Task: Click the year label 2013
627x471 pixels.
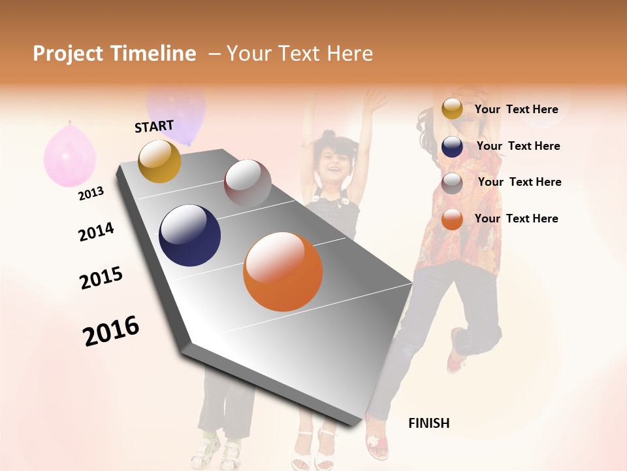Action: tap(91, 194)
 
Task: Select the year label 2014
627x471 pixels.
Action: tap(96, 232)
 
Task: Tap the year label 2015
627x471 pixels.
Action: tap(101, 277)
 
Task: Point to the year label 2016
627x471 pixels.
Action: tap(111, 330)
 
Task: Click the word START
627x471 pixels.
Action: tap(154, 126)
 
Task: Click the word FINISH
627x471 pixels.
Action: tap(429, 423)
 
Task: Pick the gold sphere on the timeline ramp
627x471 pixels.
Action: tap(159, 161)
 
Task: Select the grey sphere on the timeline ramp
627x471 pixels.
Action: tap(248, 183)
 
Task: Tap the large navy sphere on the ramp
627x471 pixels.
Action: tap(189, 235)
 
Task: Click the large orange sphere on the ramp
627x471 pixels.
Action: tap(283, 271)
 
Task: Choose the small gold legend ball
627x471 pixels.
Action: tap(452, 109)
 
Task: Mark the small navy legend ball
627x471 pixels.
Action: tap(452, 147)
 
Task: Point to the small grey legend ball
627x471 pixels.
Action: tap(452, 183)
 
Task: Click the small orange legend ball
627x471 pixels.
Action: tap(452, 219)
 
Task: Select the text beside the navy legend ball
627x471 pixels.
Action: tap(519, 146)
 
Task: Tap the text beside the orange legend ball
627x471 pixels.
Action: tap(517, 218)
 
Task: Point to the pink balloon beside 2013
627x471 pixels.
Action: tap(69, 155)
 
